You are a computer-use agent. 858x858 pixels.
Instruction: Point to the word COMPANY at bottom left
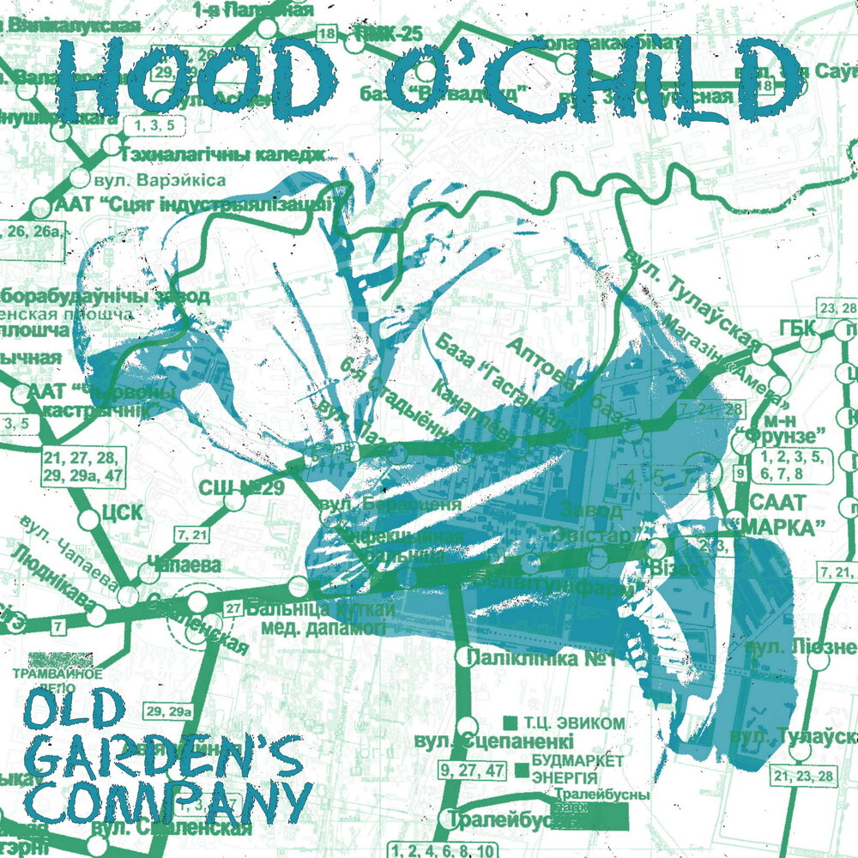coord(167,800)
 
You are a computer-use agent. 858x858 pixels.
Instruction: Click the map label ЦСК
coord(122,514)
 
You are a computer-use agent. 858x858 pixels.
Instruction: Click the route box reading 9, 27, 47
coord(471,769)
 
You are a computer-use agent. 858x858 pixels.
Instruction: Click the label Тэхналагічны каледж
coord(226,155)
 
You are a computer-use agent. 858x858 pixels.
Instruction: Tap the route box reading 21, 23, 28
coord(803,776)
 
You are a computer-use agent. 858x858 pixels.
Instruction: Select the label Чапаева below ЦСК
coord(184,565)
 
